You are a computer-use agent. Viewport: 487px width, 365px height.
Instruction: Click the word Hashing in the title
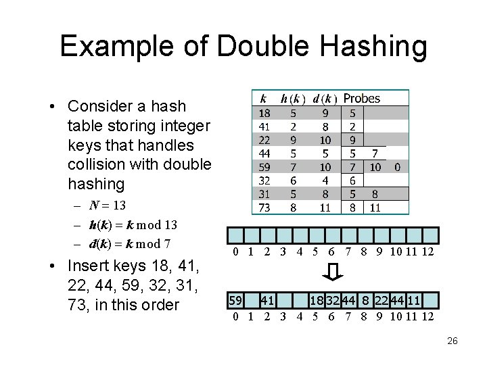click(369, 47)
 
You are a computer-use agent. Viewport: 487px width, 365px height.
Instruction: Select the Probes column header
click(362, 99)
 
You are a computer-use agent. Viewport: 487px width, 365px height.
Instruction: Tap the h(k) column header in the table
click(293, 99)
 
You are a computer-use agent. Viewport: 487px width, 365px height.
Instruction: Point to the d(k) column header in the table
click(325, 99)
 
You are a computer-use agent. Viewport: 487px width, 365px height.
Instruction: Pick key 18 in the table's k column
click(265, 113)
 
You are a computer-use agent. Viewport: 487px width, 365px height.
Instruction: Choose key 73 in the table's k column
click(265, 208)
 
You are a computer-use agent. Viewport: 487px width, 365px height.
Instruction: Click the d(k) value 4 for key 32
click(325, 180)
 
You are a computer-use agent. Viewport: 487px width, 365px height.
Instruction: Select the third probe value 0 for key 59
click(398, 167)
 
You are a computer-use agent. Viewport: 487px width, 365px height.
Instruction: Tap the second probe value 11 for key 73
click(375, 208)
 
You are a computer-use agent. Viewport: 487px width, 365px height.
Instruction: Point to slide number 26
click(452, 341)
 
